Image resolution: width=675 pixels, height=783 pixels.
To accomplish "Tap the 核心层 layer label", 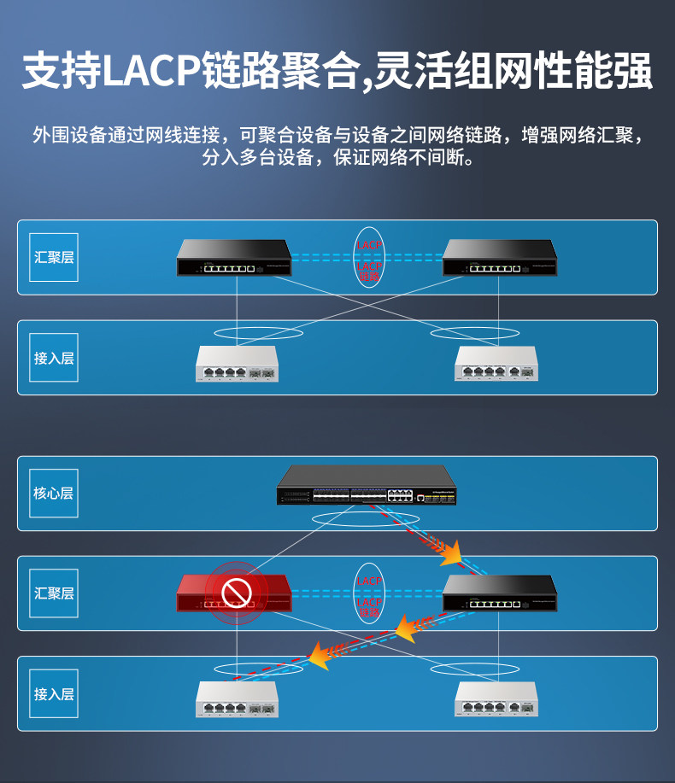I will point(53,494).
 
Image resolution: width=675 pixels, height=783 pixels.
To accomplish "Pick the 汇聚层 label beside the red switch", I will point(53,593).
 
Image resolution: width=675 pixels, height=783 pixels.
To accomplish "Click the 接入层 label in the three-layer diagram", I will point(53,693).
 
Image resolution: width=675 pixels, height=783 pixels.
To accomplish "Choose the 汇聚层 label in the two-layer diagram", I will point(53,257).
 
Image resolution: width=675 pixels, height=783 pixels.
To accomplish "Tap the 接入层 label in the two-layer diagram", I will point(53,358).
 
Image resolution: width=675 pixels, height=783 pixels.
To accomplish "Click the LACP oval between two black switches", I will point(369,257).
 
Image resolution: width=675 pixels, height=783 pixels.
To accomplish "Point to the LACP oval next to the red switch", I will point(369,593).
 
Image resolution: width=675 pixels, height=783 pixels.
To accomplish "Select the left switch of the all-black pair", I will point(234,258).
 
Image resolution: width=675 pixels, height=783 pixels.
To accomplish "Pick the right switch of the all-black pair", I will point(500,258).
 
